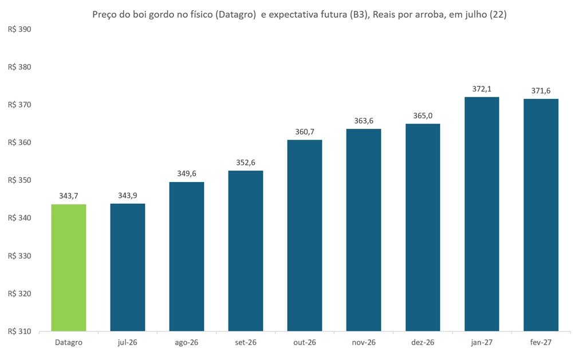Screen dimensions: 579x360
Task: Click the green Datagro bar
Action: [69, 268]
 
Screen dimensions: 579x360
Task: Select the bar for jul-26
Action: [128, 267]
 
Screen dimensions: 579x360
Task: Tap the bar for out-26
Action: [305, 236]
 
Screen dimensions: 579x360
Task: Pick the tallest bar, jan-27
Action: [482, 214]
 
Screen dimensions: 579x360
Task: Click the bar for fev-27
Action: [541, 215]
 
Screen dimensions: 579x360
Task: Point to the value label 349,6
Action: [187, 173]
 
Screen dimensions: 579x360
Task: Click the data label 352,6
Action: [246, 163]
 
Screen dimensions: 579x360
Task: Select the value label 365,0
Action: [423, 116]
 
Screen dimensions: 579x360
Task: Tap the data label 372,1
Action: [482, 89]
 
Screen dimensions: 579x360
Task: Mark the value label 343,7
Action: [69, 196]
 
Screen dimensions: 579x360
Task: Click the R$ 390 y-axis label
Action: [19, 30]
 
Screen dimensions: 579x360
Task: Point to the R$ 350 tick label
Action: [19, 180]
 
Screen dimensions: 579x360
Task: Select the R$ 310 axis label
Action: [19, 331]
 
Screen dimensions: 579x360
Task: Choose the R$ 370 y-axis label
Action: [19, 105]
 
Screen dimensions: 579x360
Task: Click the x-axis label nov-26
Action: [364, 342]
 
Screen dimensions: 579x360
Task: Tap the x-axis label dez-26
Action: [423, 342]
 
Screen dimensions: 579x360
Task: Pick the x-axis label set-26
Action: [246, 342]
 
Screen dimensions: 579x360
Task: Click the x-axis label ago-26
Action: [187, 343]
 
